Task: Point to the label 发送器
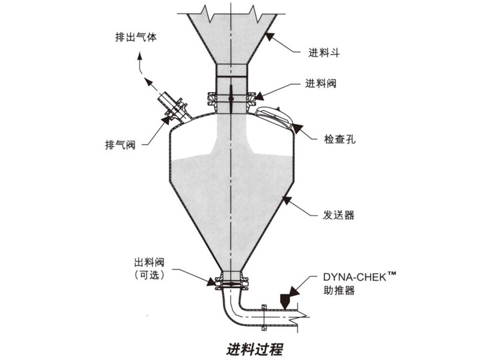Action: pyautogui.click(x=334, y=215)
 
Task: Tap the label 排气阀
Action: pyautogui.click(x=121, y=144)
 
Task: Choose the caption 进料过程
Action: pyautogui.click(x=246, y=347)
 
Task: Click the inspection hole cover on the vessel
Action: pyautogui.click(x=275, y=118)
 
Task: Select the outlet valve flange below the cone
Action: pyautogui.click(x=229, y=284)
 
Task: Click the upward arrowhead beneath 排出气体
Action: pyautogui.click(x=141, y=59)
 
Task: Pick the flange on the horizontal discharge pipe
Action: pyautogui.click(x=264, y=316)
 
